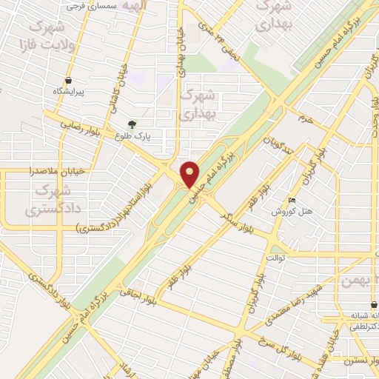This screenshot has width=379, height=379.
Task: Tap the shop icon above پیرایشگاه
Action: pyautogui.click(x=69, y=79)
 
